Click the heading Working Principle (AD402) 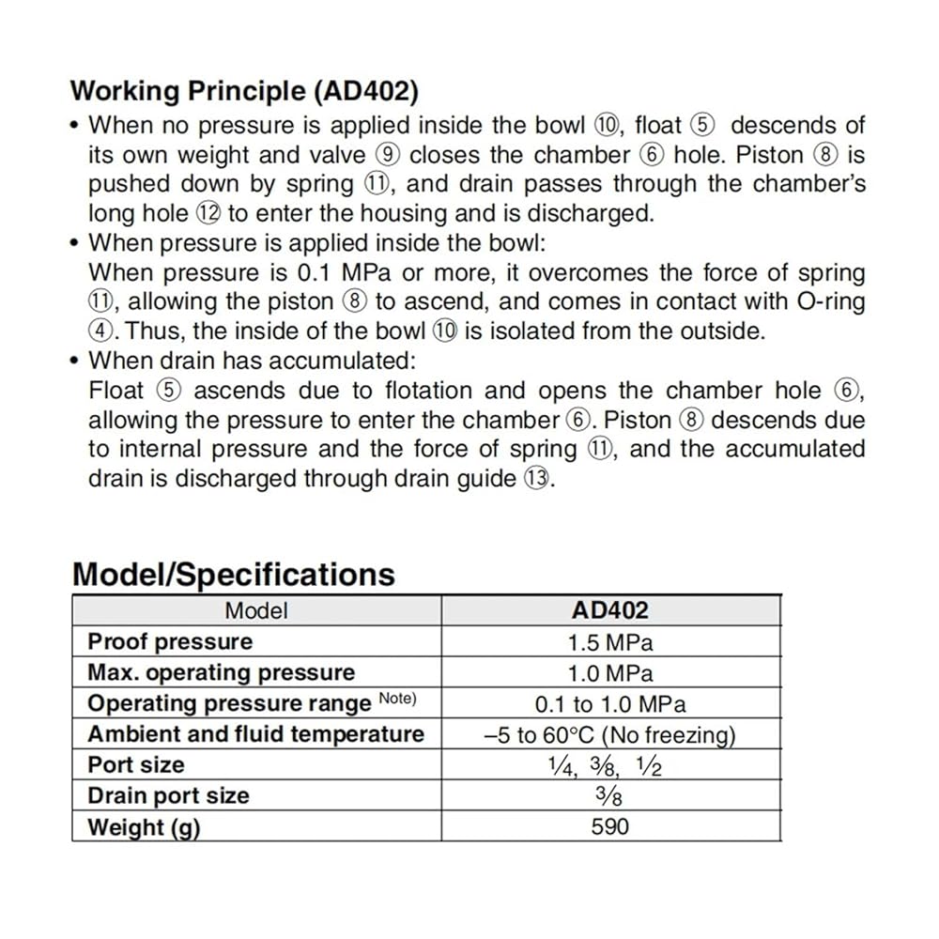(244, 91)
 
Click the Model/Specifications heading (234, 574)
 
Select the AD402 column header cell (610, 610)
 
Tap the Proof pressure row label (170, 642)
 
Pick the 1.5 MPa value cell (610, 642)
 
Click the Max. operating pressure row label (221, 673)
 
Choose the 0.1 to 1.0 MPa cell (610, 704)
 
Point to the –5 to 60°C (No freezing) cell (610, 735)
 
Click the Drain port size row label (168, 796)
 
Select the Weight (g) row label (144, 827)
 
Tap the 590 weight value (610, 827)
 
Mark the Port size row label (136, 765)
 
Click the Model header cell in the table (256, 610)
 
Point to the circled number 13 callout (532, 479)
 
